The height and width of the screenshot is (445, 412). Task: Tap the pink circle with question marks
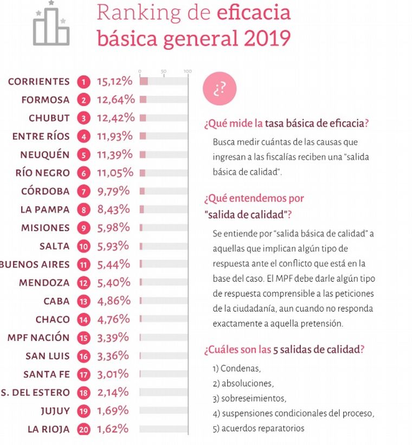pos(219,89)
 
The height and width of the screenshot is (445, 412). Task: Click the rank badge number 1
pos(83,82)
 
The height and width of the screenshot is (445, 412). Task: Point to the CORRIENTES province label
pos(38,82)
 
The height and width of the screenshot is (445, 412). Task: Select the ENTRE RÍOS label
pos(41,136)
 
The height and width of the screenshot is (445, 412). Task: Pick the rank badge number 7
pos(83,191)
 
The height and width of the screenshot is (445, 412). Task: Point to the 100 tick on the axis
pos(188,71)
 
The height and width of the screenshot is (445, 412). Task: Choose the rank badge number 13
pos(83,301)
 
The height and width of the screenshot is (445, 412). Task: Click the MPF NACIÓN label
pos(38,337)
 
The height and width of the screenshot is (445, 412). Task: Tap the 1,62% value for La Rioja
pos(113,429)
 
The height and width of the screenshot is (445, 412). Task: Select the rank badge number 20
pos(83,429)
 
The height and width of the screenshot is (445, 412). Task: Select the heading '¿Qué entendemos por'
pos(254,198)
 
